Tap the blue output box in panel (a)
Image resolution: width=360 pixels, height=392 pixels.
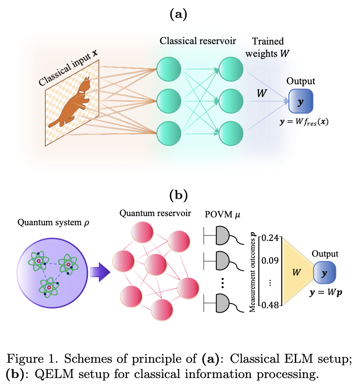pos(300,102)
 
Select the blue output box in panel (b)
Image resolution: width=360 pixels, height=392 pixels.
pos(324,273)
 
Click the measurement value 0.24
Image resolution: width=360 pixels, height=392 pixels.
pos(270,239)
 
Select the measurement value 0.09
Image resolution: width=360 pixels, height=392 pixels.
pos(270,261)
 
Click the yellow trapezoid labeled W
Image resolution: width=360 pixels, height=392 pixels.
pos(297,272)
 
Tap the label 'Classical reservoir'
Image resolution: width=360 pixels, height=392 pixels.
pos(197,41)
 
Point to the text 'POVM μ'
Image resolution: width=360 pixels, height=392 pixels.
pos(220,215)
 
